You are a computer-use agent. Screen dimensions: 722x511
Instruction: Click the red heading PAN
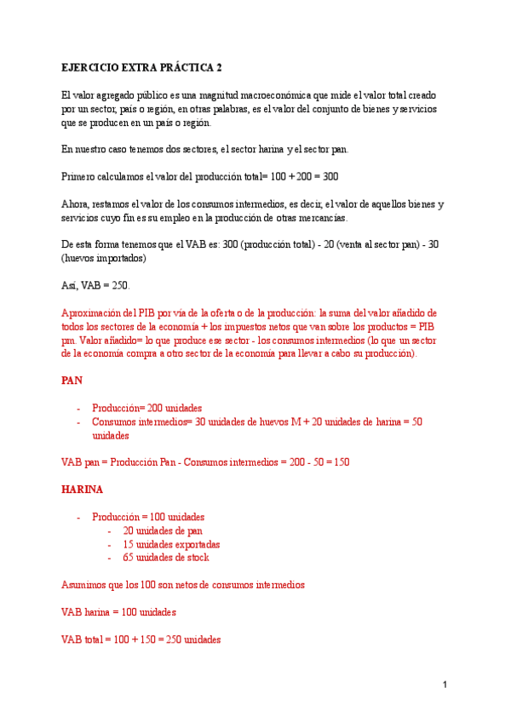pos(72,381)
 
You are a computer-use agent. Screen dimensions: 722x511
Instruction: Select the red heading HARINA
pos(83,490)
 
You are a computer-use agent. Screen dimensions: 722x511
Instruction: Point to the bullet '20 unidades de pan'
pos(163,530)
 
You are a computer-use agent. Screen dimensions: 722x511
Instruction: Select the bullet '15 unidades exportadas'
pos(171,544)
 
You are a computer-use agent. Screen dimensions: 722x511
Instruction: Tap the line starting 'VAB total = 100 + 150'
pos(141,639)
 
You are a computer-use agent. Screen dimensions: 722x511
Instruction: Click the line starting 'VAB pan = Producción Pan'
pos(205,461)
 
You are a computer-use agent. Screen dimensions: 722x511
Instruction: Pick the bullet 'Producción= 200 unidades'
pos(146,408)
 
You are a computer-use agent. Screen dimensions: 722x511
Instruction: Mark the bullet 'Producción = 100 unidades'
pos(148,517)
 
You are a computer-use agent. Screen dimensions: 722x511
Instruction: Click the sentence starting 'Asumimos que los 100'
pos(183,584)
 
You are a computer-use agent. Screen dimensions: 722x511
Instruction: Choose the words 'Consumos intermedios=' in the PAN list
pos(141,421)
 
